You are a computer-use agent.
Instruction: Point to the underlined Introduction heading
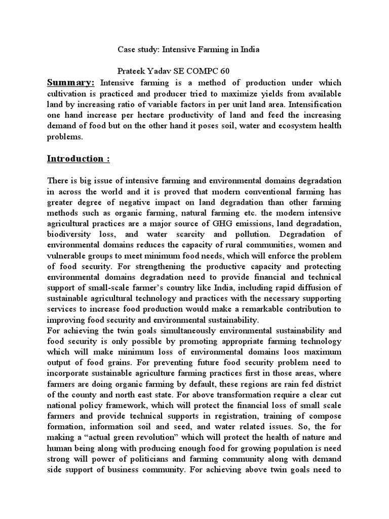click(78, 159)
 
